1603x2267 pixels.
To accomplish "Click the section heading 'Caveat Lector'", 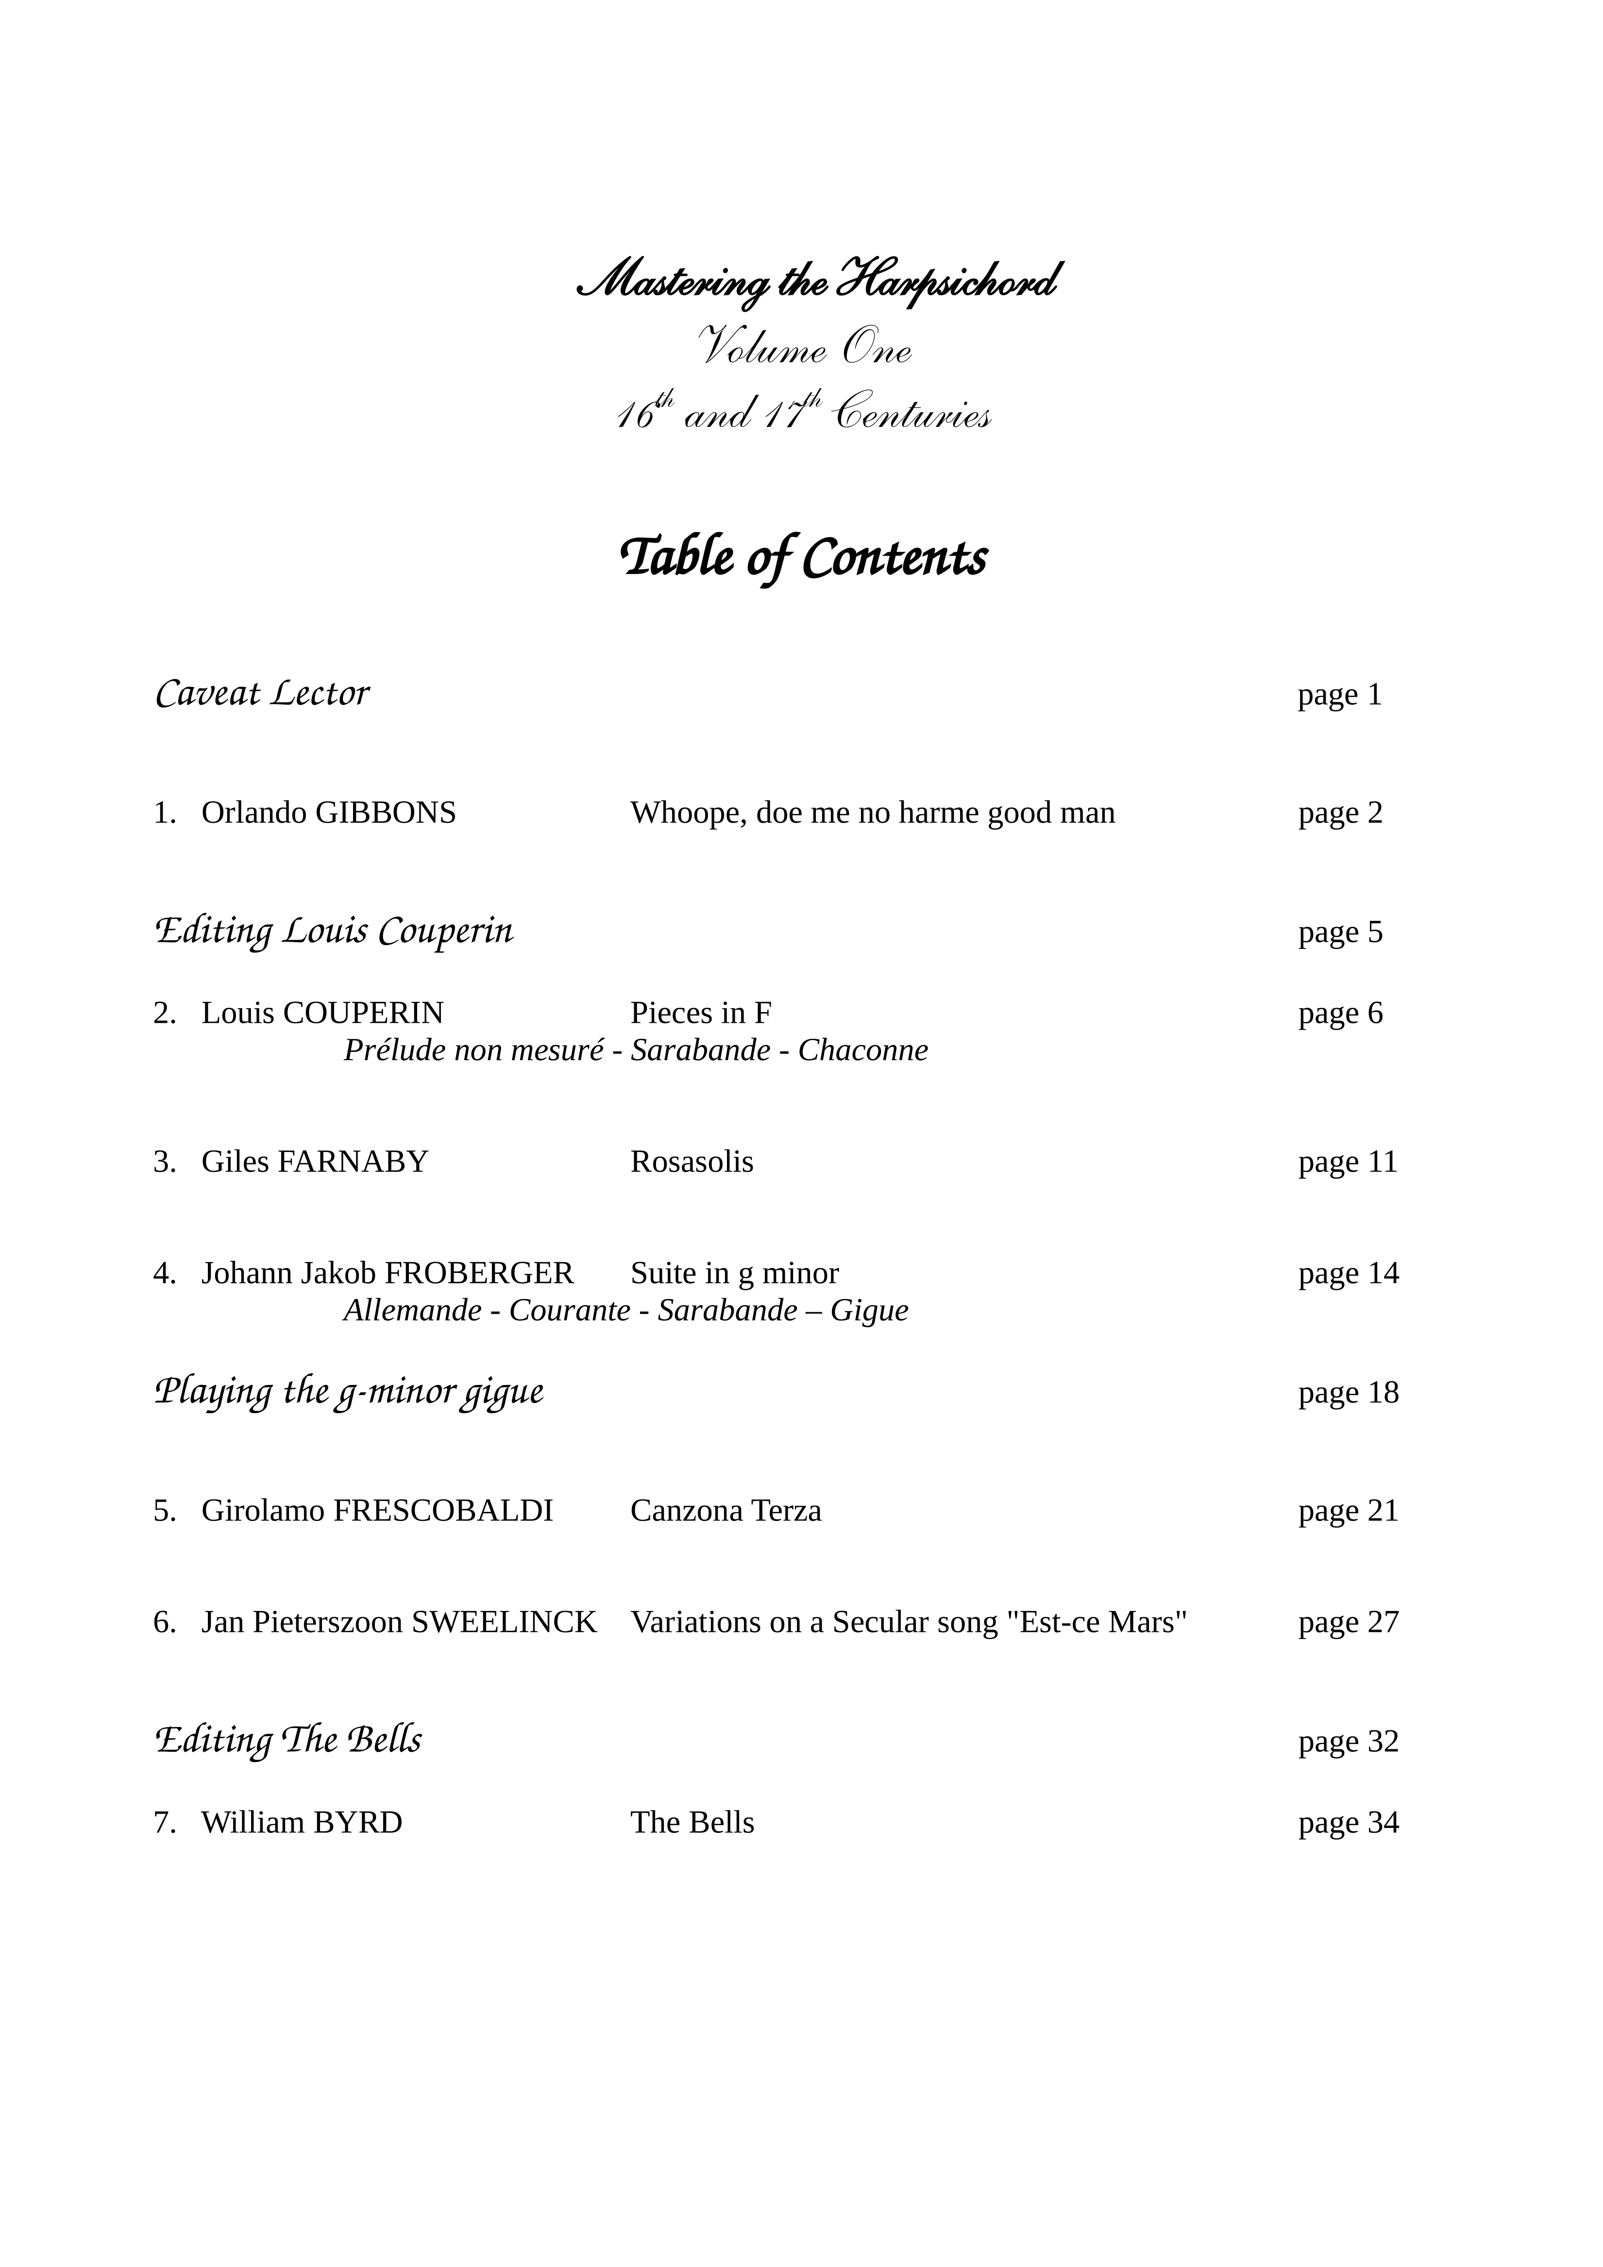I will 262,694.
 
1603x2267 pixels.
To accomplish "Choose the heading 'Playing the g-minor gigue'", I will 349,1392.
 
